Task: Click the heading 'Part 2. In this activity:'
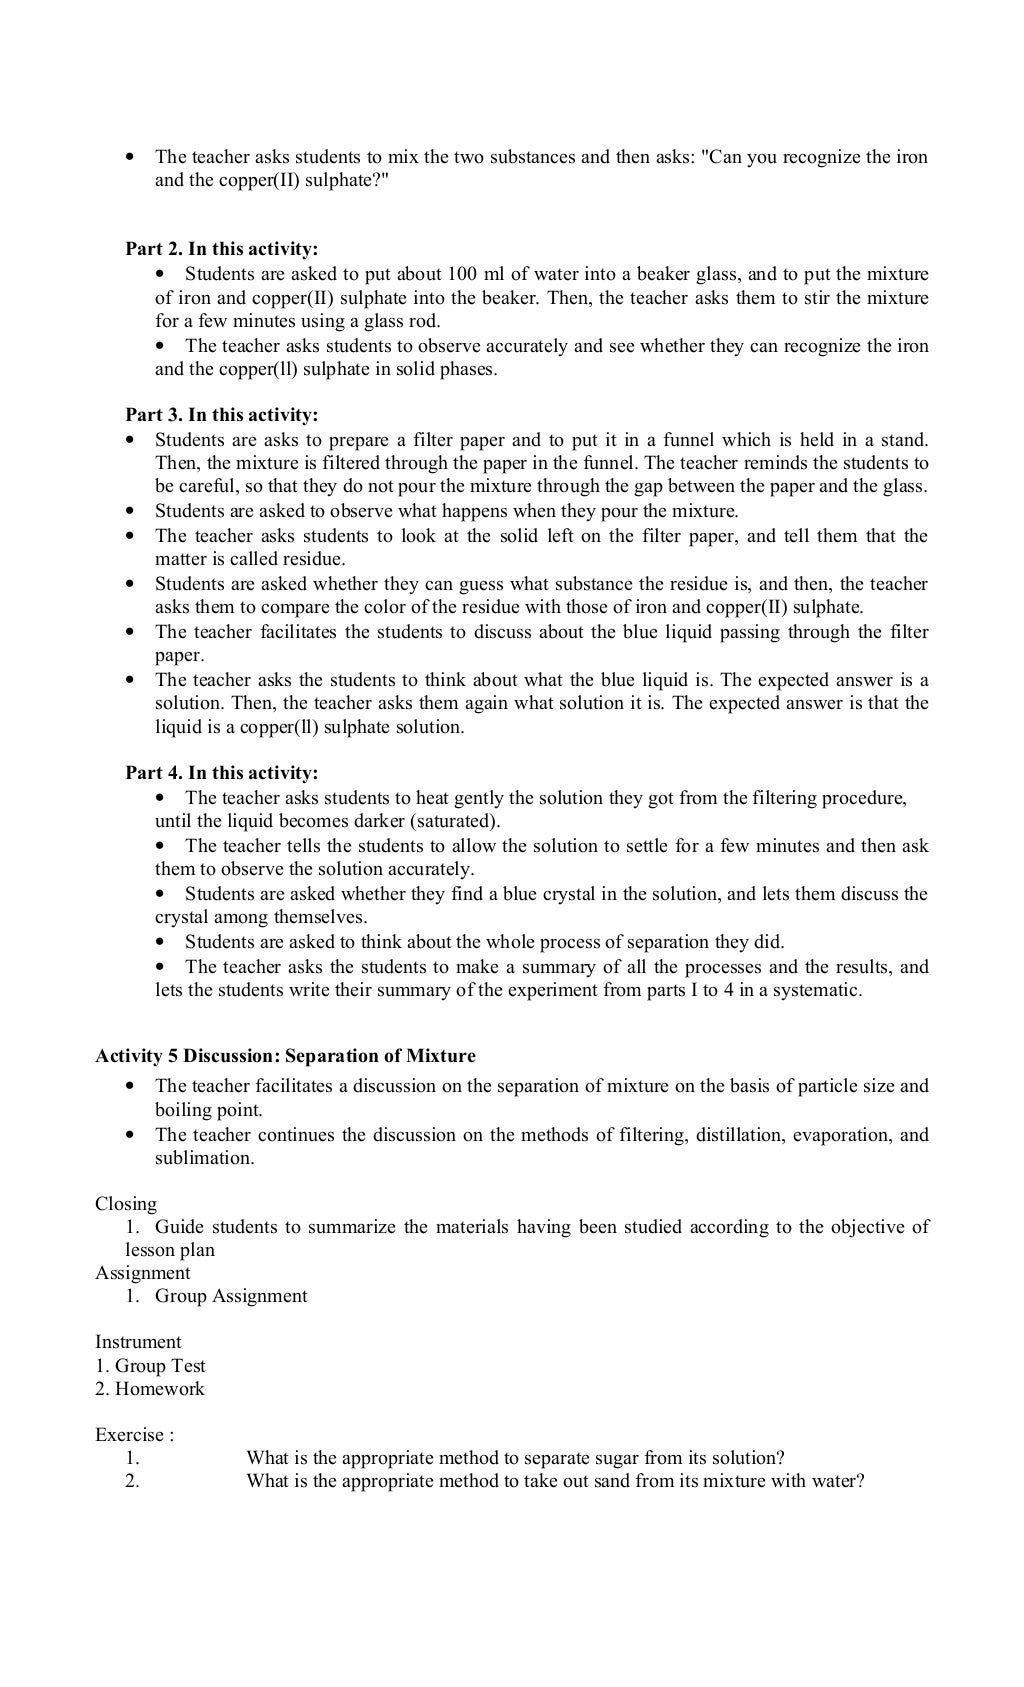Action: coord(221,249)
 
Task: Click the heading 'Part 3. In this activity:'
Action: coord(221,415)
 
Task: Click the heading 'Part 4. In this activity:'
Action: coord(221,773)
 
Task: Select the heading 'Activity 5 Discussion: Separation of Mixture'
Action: coord(285,1056)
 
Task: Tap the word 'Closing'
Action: coord(126,1204)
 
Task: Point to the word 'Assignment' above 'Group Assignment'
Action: coord(142,1273)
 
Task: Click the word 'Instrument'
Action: coord(138,1342)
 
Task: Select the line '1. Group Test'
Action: coord(150,1366)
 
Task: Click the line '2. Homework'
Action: coord(149,1389)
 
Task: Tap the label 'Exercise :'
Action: coord(134,1435)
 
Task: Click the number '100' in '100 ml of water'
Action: coord(464,274)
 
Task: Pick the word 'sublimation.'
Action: coord(204,1159)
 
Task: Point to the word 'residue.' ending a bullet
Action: coord(312,560)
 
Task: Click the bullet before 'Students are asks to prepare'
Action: coord(130,440)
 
